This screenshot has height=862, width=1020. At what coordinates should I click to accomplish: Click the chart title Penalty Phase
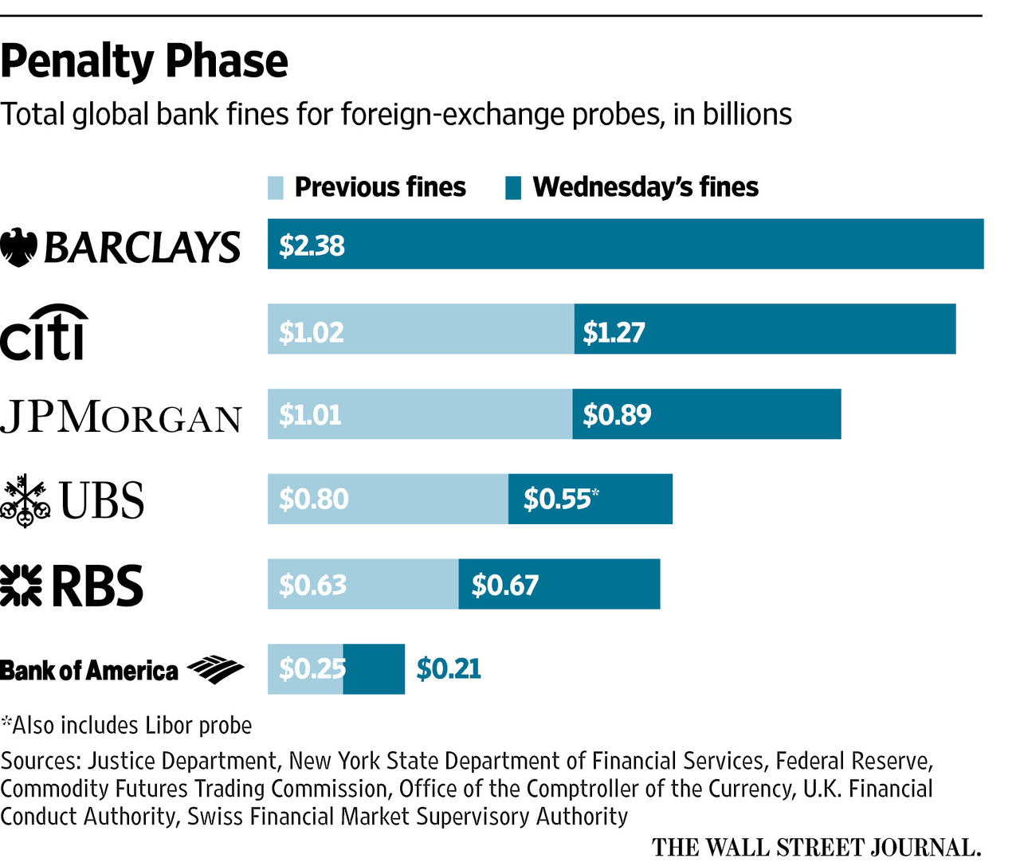click(144, 61)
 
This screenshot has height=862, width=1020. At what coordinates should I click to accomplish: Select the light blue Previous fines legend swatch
click(276, 188)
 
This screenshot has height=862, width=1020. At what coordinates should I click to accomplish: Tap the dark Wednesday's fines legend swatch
click(513, 188)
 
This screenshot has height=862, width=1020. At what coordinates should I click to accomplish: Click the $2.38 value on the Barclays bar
click(312, 245)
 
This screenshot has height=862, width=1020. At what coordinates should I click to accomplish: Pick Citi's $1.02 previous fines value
click(312, 331)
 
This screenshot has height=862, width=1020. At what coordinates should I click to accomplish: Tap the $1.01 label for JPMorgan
click(310, 414)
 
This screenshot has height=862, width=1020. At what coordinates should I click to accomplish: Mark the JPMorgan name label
click(121, 417)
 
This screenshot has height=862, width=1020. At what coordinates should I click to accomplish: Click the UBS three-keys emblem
click(25, 500)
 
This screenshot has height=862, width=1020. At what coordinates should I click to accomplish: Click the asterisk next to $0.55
click(595, 493)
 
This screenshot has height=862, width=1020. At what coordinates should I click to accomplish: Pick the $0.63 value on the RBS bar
click(312, 585)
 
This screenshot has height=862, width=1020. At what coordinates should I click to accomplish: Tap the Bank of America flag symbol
click(215, 669)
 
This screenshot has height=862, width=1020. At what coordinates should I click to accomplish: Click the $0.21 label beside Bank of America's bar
click(449, 668)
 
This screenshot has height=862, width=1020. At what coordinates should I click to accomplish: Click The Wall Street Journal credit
click(816, 847)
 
